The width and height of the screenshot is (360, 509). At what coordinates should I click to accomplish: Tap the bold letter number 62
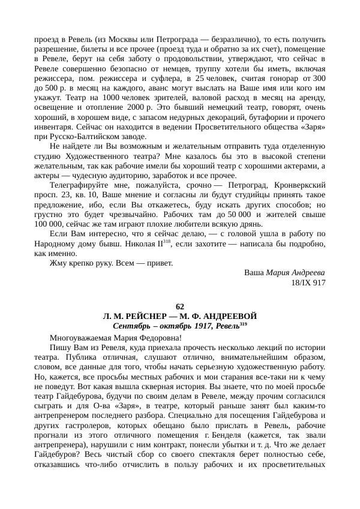(180, 306)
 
